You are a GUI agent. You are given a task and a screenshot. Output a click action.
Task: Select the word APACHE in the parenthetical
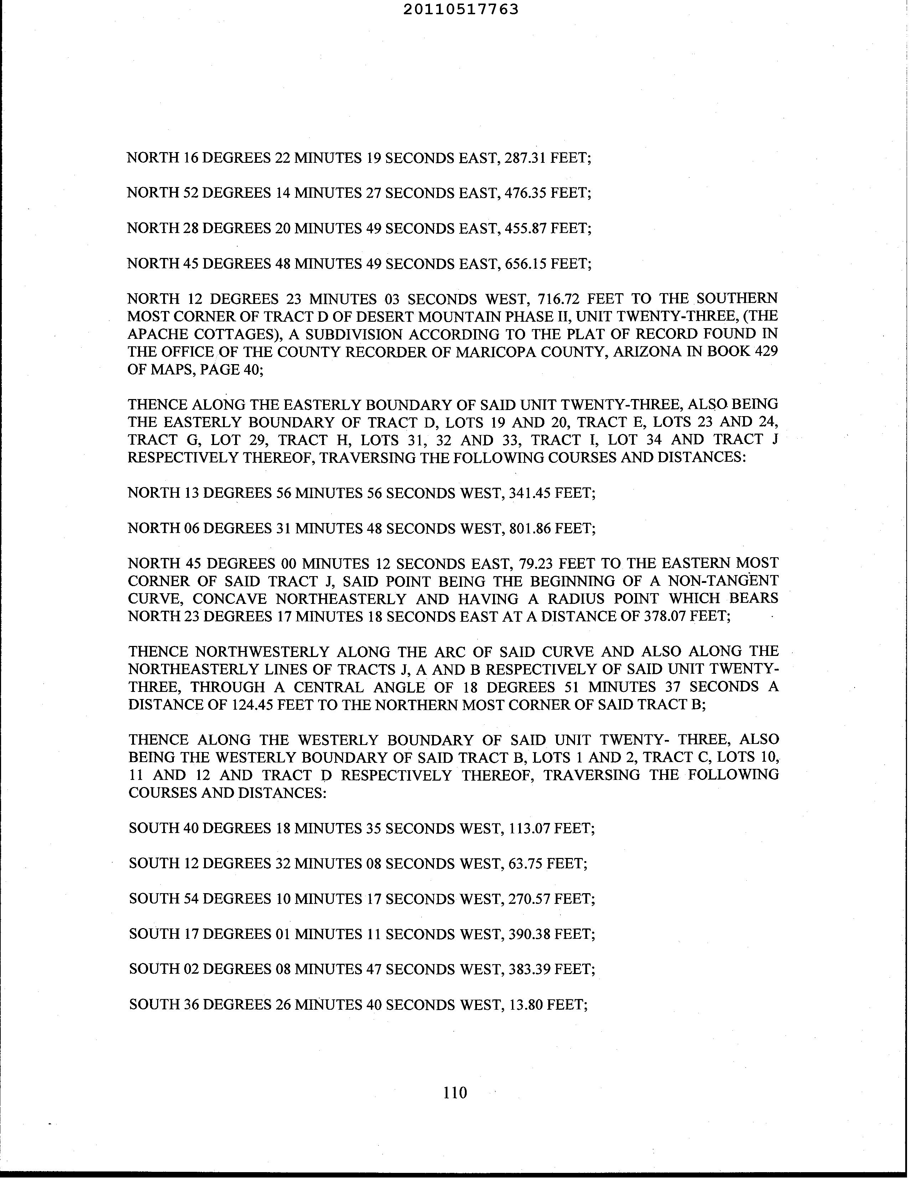click(x=158, y=334)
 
